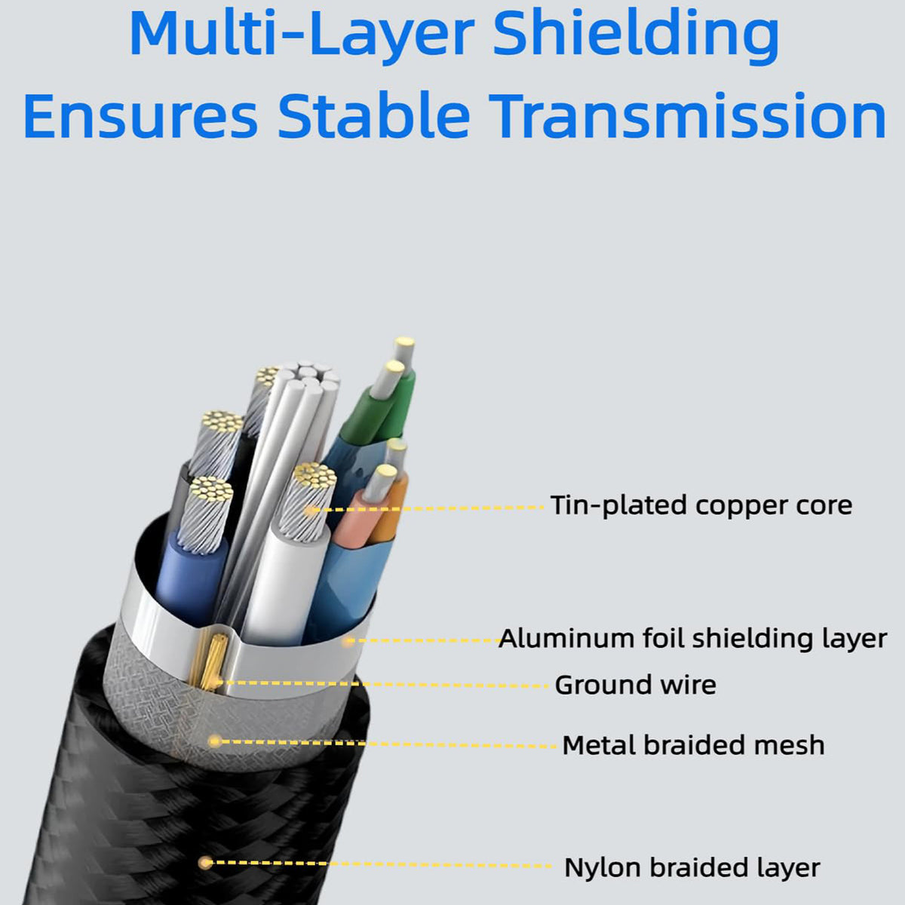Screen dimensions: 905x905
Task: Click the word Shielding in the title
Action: (636, 35)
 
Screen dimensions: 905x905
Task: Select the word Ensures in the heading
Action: (140, 116)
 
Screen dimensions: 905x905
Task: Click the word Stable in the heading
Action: (374, 115)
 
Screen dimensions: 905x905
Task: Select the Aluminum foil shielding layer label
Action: (693, 640)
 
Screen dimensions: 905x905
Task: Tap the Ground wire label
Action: (636, 684)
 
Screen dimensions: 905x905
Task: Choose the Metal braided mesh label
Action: (693, 745)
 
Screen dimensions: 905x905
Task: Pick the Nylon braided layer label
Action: (692, 868)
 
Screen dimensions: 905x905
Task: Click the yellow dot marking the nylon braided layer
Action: (205, 863)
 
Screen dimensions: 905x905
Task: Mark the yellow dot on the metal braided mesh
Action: (215, 741)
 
